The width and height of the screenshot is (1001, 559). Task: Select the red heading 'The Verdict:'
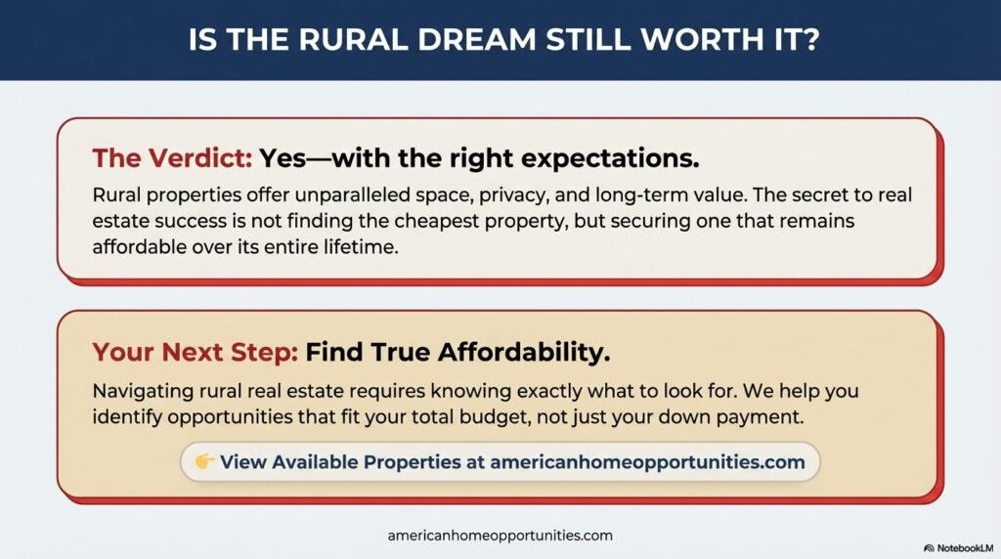[172, 158]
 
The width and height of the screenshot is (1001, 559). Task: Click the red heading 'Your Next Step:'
[195, 352]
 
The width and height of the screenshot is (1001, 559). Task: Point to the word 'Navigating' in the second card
[141, 391]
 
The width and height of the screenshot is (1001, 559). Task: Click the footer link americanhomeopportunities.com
[500, 536]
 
